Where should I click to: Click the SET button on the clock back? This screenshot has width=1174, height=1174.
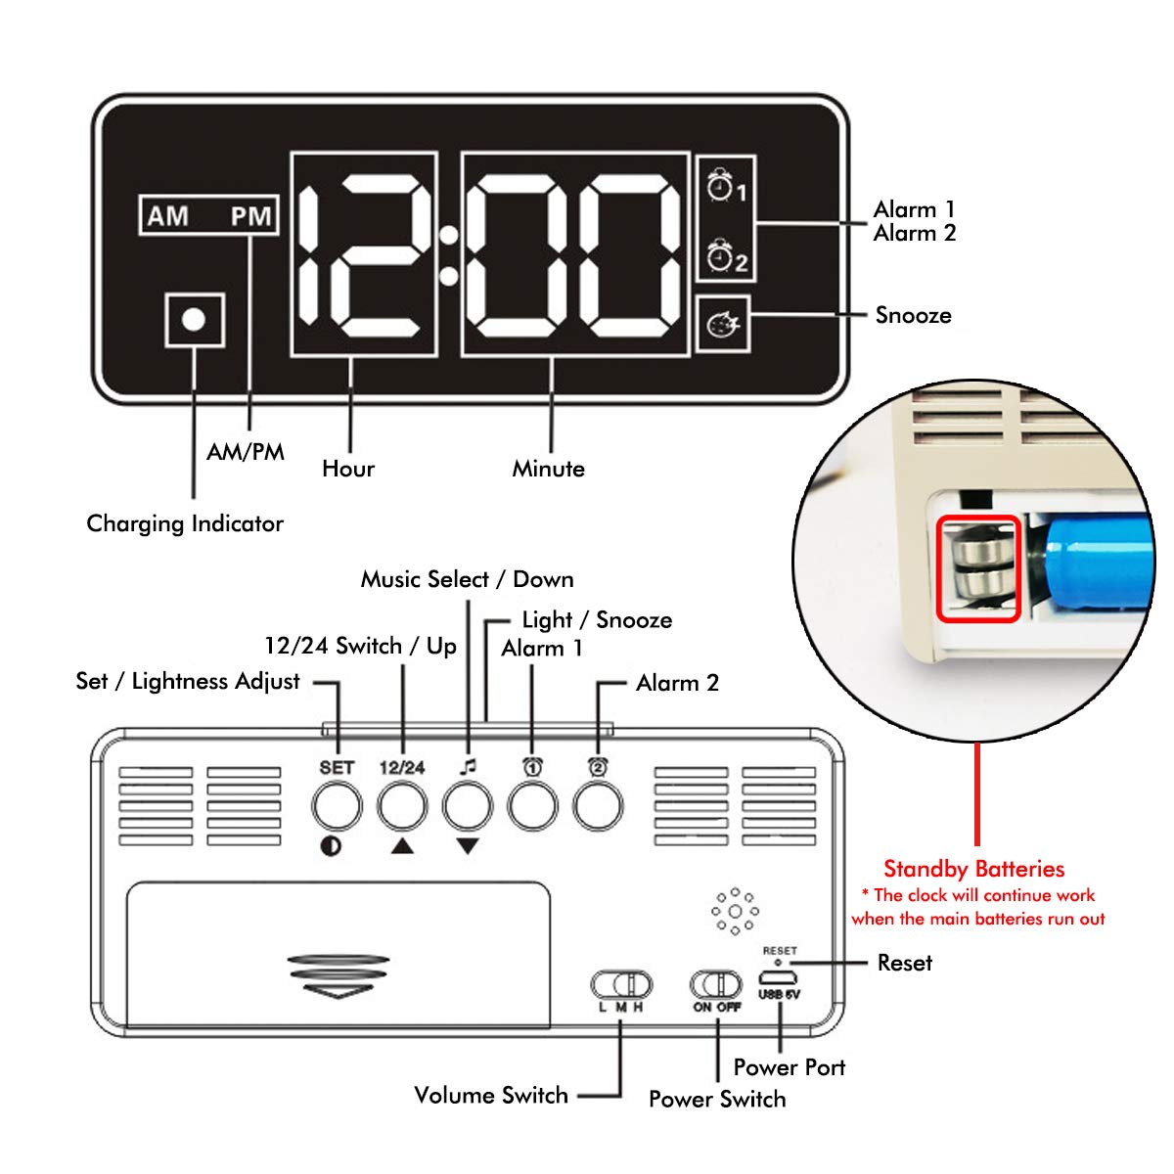(336, 807)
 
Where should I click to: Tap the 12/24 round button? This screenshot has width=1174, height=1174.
(402, 807)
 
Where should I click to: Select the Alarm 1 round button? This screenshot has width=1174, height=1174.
(532, 807)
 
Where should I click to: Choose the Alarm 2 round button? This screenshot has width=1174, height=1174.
(598, 807)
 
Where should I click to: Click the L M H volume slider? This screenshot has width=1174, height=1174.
(621, 983)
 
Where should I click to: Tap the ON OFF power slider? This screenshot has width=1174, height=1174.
(717, 983)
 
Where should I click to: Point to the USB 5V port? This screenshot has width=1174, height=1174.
(779, 978)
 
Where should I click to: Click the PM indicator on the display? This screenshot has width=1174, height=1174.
(250, 216)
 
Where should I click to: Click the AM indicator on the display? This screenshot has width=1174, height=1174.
(168, 216)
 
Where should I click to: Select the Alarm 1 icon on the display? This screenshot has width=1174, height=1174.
(725, 185)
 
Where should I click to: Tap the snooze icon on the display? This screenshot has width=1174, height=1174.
(723, 324)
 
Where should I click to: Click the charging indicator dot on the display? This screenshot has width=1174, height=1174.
(194, 320)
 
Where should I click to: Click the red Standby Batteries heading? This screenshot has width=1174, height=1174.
(973, 869)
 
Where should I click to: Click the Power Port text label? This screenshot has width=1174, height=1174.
(789, 1067)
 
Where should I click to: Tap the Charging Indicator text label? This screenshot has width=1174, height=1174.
(185, 523)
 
